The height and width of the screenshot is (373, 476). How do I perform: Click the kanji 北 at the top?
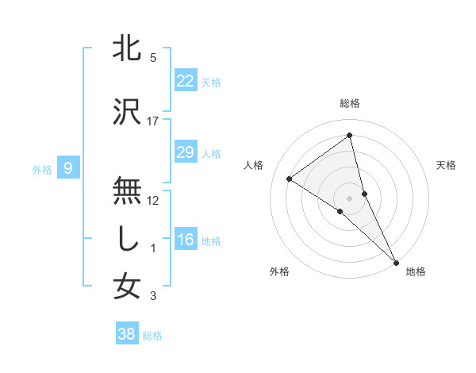[x=128, y=48]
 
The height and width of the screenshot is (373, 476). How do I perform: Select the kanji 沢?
[x=128, y=112]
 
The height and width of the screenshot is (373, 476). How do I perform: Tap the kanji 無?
[x=128, y=191]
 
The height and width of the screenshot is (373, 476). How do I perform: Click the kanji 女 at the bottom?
[x=128, y=286]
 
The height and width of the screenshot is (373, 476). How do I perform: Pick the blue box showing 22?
[x=185, y=81]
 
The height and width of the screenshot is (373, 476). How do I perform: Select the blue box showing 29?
[x=185, y=152]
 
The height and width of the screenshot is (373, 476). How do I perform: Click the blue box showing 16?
[x=185, y=240]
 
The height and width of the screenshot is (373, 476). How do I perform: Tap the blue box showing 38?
[x=127, y=334]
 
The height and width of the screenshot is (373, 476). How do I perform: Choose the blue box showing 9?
[x=69, y=167]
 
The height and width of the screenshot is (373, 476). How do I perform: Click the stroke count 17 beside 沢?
[x=153, y=121]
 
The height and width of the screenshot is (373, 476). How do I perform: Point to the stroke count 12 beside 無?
[x=153, y=200]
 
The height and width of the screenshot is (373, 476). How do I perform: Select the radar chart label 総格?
[x=350, y=103]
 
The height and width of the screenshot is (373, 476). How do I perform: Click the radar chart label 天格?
[x=446, y=165]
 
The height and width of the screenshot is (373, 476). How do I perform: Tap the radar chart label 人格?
[x=254, y=165]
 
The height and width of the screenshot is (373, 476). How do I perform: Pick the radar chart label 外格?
[x=279, y=271]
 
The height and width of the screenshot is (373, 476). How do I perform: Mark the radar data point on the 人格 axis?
[x=290, y=179]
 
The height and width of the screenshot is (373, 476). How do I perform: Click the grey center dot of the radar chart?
[x=350, y=198]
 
